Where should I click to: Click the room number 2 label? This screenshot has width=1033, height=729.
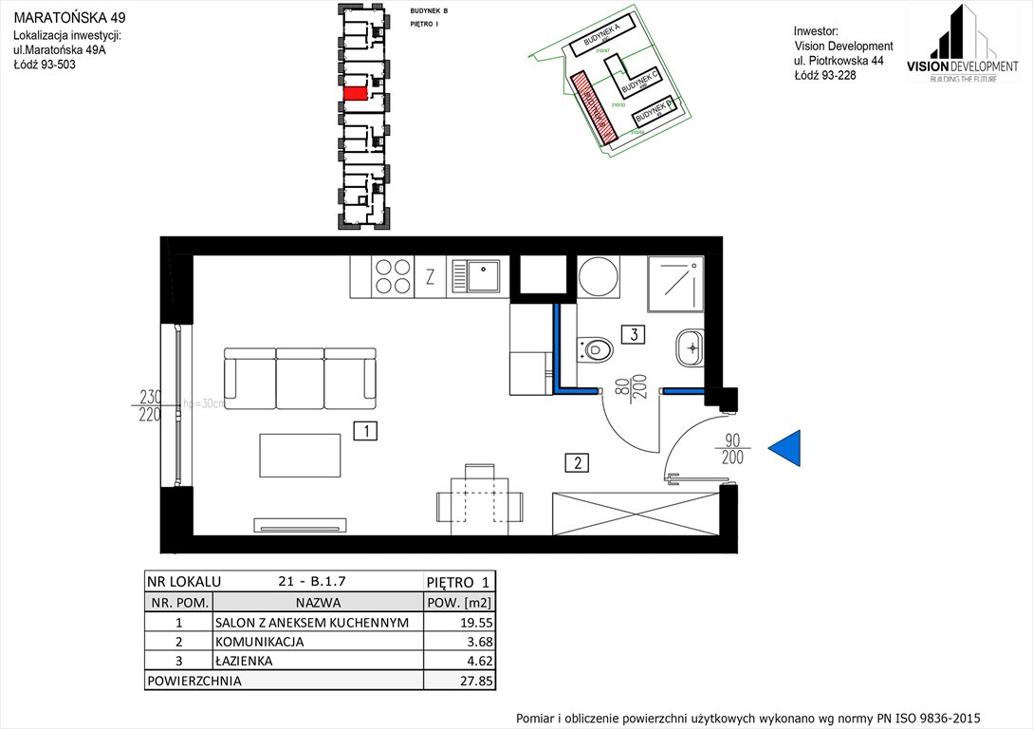(x=576, y=463)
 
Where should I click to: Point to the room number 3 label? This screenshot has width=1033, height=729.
(x=633, y=333)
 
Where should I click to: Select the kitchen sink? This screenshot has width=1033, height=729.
(x=478, y=276)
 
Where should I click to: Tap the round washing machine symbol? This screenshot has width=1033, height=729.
(x=599, y=277)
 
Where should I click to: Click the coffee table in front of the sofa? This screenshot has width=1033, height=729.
(x=300, y=456)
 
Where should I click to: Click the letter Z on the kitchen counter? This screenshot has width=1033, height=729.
(x=430, y=278)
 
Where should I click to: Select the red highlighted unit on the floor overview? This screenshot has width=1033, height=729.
(x=356, y=93)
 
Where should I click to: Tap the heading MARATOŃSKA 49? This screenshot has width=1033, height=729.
(x=68, y=17)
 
